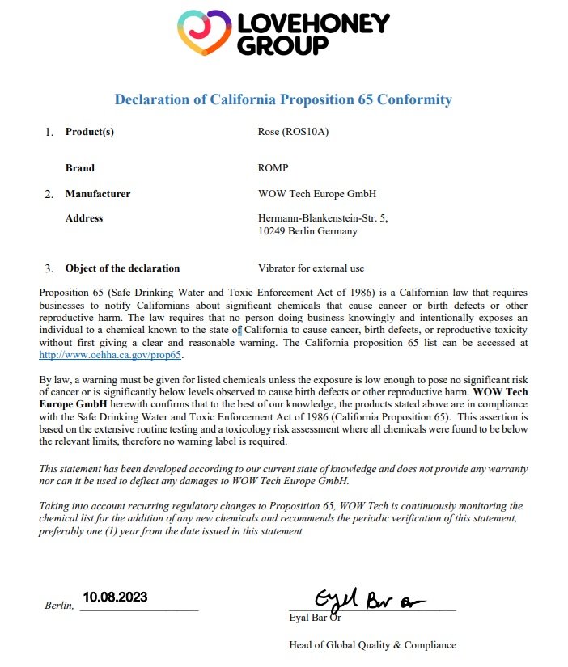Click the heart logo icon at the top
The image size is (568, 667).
pyautogui.click(x=205, y=33)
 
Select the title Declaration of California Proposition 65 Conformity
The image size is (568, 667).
pyautogui.click(x=283, y=99)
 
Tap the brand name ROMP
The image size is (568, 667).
pyautogui.click(x=273, y=168)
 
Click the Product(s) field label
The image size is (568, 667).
pyautogui.click(x=90, y=132)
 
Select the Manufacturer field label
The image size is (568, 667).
pyautogui.click(x=97, y=194)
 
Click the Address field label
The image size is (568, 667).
pyautogui.click(x=84, y=218)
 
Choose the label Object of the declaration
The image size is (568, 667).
pyautogui.click(x=122, y=268)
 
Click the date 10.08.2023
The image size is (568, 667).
pyautogui.click(x=115, y=598)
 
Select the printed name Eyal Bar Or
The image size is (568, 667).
pyautogui.click(x=315, y=618)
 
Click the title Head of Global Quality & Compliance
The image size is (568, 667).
pyautogui.click(x=372, y=644)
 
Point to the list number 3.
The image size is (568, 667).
pyautogui.click(x=49, y=268)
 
